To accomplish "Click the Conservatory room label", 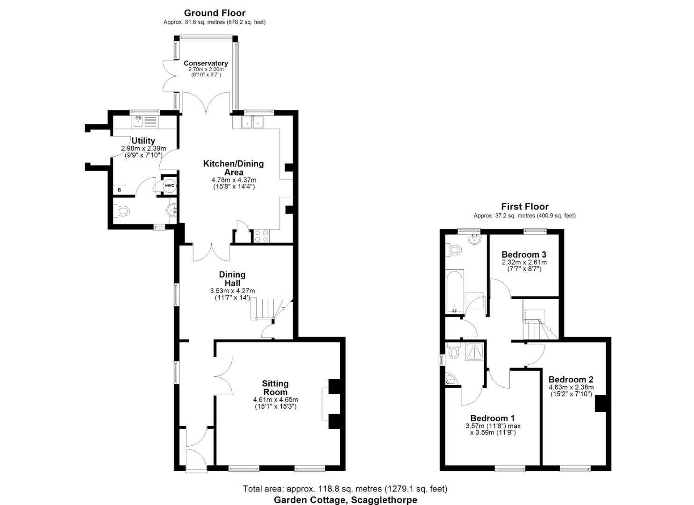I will pos(206,63).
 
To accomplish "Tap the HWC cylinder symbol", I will pos(169,186).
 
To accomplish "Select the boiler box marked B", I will pos(119,190).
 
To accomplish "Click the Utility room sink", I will pos(139,123).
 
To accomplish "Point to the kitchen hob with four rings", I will pos(262,236).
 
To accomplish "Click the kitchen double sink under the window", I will pos(252,123).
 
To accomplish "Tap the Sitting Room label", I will pos(275,388).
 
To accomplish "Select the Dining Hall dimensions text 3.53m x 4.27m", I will pos(232,291).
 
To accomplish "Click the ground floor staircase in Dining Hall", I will pos(265,309).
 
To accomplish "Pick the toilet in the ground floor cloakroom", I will pos(123,211).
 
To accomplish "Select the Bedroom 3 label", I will pos(524,255).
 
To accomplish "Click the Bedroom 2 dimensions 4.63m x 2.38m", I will pos(571,387).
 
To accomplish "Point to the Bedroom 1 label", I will pos(493,418).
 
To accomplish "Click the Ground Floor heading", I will pos(215,13).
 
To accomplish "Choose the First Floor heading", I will pos(525,206).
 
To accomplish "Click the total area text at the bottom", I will pos(345,489).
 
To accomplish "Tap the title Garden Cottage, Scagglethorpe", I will pos(345,500).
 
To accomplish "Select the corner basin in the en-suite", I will pos(451,379).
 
